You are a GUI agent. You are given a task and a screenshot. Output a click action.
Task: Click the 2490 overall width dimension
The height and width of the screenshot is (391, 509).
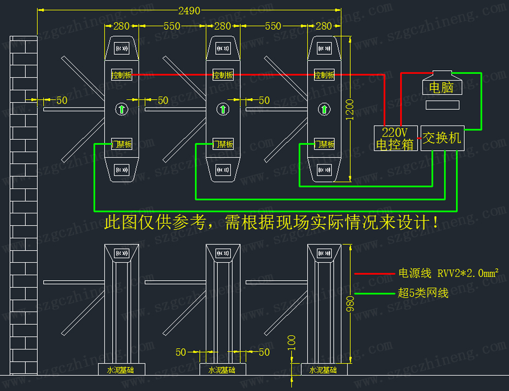click(x=189, y=10)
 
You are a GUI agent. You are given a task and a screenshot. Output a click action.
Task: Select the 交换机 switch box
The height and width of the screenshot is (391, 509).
click(x=442, y=138)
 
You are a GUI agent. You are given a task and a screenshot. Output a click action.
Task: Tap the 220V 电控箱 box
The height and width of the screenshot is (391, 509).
click(x=395, y=138)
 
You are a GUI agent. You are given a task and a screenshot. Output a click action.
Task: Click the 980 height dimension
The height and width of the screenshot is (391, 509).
click(x=351, y=303)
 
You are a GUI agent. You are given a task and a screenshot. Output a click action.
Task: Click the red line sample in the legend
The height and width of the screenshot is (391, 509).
click(x=374, y=273)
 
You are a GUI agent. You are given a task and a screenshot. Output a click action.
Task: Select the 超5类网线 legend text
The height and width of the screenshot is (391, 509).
click(x=423, y=293)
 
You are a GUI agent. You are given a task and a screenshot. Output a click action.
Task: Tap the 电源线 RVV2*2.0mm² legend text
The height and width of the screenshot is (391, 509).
click(x=448, y=273)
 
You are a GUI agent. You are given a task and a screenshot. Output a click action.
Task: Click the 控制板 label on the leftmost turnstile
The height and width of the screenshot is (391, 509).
click(x=122, y=75)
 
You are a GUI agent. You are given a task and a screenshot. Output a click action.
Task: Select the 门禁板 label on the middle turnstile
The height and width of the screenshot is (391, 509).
click(x=223, y=144)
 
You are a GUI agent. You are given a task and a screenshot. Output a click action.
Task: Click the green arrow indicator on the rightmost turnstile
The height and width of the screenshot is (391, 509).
click(x=325, y=109)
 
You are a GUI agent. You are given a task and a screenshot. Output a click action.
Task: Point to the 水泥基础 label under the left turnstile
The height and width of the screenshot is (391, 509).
click(x=120, y=370)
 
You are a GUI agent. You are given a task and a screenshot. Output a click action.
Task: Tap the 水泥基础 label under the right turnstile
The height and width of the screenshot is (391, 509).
click(x=323, y=370)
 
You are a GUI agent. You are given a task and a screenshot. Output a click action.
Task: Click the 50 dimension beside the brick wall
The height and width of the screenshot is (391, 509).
click(x=61, y=100)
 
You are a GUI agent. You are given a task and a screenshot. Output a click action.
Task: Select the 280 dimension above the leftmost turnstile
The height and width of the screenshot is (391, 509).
click(x=121, y=26)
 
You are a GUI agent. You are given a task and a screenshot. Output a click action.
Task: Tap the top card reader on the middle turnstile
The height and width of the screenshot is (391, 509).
click(x=223, y=49)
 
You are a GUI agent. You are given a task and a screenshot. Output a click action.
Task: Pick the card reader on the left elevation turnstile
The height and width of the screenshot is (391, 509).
click(x=122, y=253)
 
